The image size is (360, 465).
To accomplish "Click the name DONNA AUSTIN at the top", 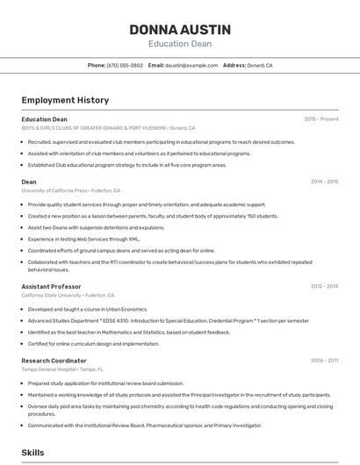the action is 179,29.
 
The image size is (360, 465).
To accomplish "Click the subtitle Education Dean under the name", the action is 179,44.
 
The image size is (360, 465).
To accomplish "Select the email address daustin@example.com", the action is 191,65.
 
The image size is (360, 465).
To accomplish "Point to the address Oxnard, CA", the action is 260,65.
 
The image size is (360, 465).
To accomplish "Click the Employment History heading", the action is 65,100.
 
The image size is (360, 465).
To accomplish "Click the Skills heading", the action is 33,453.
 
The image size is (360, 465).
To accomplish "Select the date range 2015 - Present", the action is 320,118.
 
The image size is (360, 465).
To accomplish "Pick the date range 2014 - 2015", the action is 324,182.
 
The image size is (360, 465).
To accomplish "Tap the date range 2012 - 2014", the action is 324,286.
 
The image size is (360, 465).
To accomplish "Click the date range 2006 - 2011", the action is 324,360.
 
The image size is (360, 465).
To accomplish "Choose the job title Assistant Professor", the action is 51,286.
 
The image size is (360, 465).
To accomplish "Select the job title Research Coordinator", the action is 54,360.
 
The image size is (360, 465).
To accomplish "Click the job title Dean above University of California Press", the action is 29,182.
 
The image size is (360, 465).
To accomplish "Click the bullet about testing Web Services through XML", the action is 83,238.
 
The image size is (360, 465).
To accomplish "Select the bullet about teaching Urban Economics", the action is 87,309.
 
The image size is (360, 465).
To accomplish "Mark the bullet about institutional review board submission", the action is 105,383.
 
